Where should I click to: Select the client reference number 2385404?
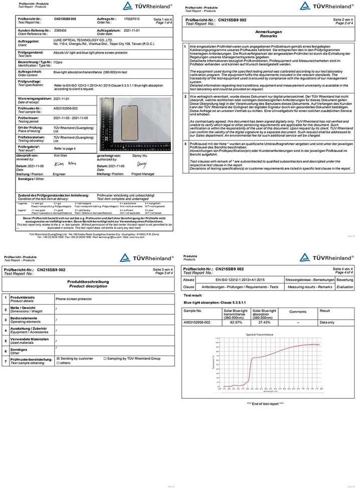[61, 31]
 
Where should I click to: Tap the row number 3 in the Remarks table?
[186, 143]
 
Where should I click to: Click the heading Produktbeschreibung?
[89, 282]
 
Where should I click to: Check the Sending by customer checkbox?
[58, 359]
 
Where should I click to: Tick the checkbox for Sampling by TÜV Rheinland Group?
[105, 359]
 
